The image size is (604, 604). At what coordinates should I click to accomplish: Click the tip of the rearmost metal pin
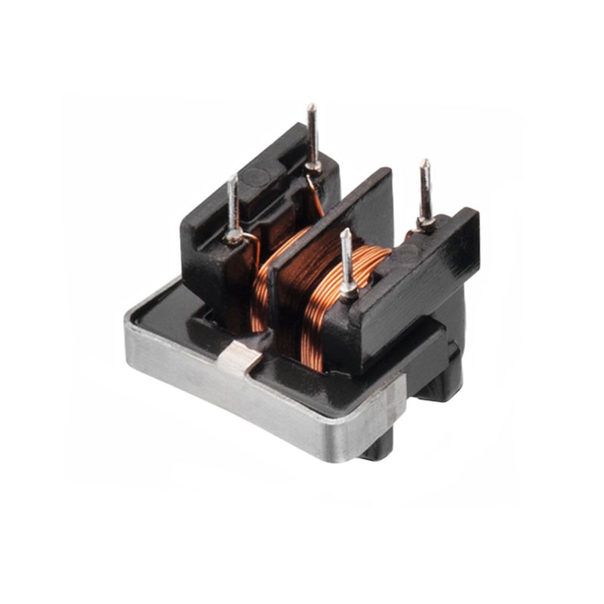tap(310, 106)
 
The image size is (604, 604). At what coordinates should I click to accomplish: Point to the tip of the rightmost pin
tap(425, 162)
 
